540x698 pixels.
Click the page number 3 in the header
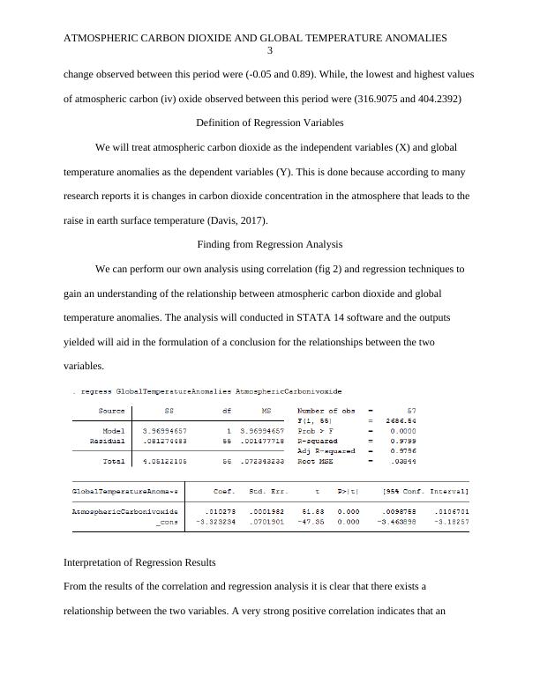[270, 51]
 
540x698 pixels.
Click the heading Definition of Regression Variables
[269, 123]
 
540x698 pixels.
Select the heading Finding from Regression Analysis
[269, 244]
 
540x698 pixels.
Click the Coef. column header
[224, 490]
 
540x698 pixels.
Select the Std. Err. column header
[269, 490]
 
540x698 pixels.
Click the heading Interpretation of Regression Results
[140, 561]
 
